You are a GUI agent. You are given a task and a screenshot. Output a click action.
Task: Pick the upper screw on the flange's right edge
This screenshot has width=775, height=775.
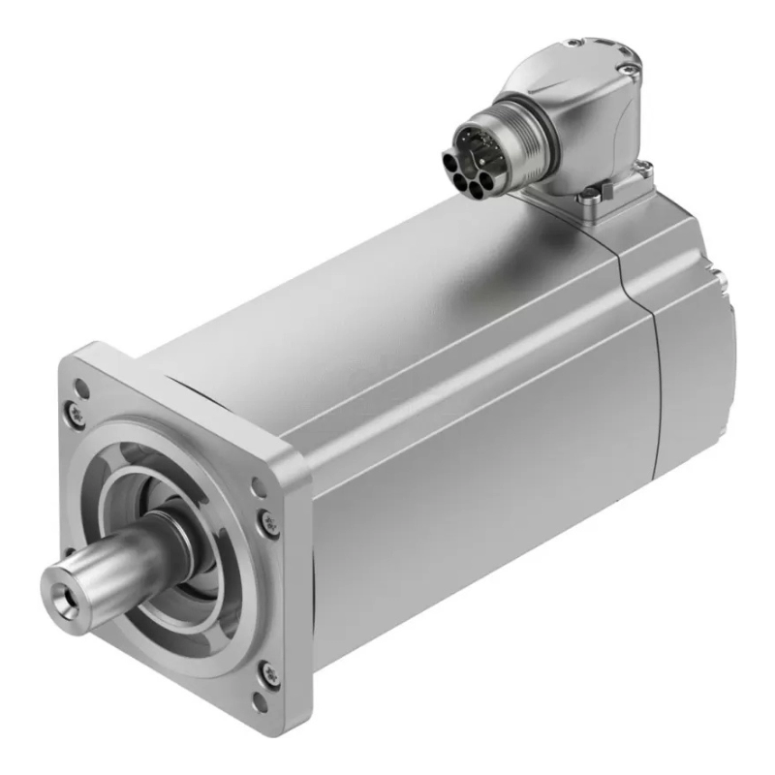(270, 524)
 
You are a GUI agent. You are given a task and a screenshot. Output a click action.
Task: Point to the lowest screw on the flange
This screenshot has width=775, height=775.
(270, 674)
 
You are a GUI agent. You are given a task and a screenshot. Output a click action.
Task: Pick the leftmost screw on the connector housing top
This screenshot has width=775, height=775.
(574, 44)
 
